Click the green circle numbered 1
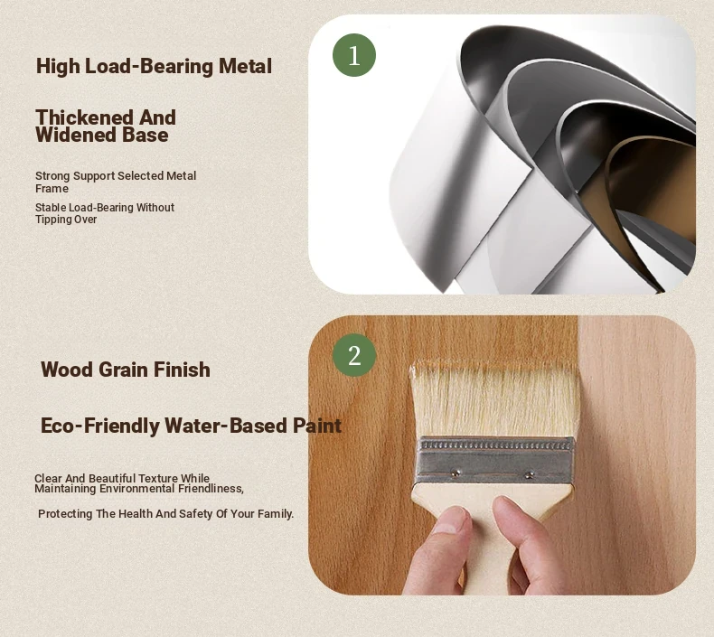pyautogui.click(x=354, y=55)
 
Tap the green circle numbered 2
pyautogui.click(x=354, y=355)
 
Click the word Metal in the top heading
pyautogui.click(x=246, y=66)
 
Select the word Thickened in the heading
pyautogui.click(x=85, y=117)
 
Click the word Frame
pyautogui.click(x=52, y=189)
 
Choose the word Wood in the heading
pyautogui.click(x=67, y=370)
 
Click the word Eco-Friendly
pyautogui.click(x=100, y=426)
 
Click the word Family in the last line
pyautogui.click(x=275, y=514)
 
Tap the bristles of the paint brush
pyautogui.click(x=495, y=399)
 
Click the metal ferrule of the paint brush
pyautogui.click(x=495, y=460)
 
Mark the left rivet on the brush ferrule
pyautogui.click(x=455, y=473)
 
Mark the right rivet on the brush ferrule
pyautogui.click(x=529, y=475)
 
